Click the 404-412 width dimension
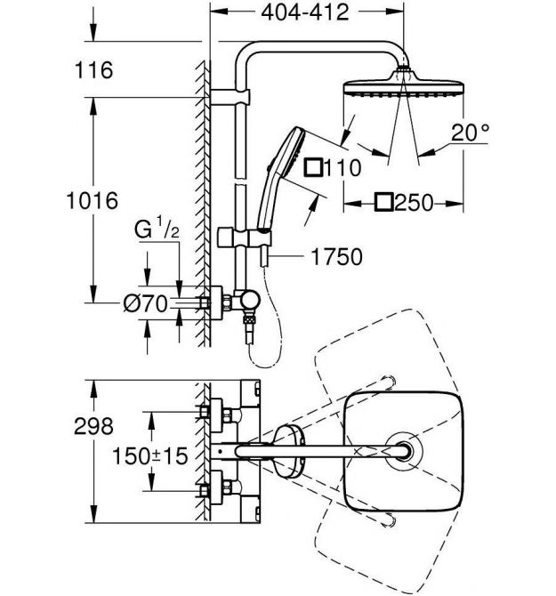click(x=305, y=12)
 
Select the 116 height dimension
click(x=94, y=70)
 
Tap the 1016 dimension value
click(x=93, y=201)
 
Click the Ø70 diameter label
click(x=146, y=303)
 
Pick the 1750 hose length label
click(x=337, y=256)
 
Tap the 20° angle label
click(x=470, y=133)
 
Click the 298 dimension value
click(x=93, y=426)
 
